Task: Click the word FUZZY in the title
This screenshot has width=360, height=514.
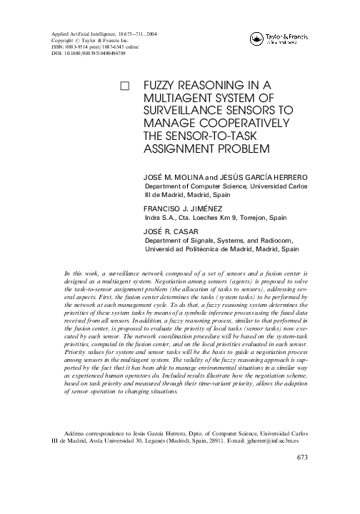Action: [163, 84]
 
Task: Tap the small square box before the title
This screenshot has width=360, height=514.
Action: [126, 85]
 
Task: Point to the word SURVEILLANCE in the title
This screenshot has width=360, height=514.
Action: [186, 110]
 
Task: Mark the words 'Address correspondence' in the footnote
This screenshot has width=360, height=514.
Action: [94, 452]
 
